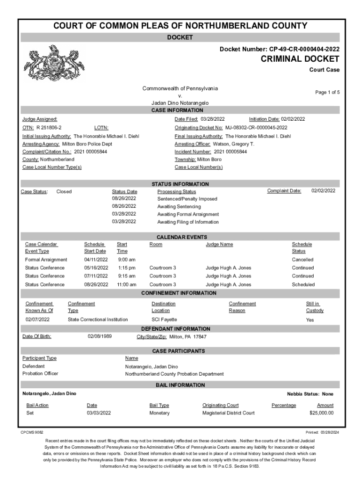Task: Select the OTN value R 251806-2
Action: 49,128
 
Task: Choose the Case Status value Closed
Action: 64,191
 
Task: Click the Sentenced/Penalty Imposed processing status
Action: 187,199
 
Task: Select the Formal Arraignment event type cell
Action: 46,260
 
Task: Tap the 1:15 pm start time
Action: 126,268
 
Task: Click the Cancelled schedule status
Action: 302,260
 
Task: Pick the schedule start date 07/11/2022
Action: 96,276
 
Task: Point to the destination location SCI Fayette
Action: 164,319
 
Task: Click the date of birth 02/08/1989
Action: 100,336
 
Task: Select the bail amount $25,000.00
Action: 321,413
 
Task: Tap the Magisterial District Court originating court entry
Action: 228,413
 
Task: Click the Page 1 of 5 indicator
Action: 327,93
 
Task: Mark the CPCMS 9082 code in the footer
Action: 32,432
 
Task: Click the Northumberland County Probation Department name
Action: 174,374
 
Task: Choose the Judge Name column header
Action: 219,244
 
